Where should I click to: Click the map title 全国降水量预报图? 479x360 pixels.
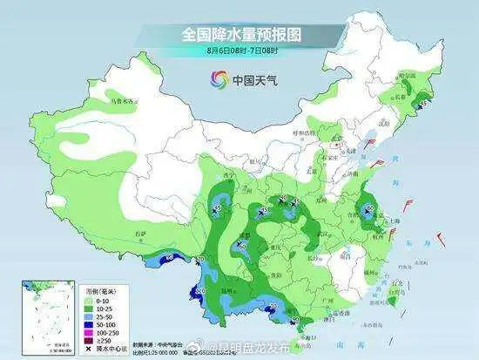[x=239, y=34]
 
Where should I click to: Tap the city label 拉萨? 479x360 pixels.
[x=139, y=234]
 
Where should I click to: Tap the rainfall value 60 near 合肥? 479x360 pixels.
[x=368, y=207]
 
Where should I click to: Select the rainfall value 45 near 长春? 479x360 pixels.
[x=423, y=105]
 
